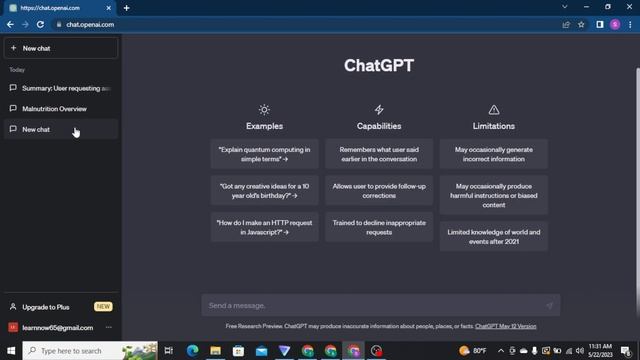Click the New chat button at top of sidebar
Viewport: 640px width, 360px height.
60,48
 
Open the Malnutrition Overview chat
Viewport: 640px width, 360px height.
55,109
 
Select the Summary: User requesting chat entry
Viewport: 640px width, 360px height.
65,88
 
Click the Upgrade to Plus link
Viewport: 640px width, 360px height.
46,307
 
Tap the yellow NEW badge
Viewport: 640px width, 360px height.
103,307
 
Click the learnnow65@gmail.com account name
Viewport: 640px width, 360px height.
57,327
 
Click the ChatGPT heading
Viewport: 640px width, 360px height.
379,66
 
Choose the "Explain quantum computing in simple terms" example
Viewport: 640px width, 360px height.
265,154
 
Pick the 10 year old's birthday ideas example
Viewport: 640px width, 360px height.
265,191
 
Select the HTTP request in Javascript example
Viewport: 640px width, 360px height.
265,227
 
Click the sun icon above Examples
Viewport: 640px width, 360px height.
264,110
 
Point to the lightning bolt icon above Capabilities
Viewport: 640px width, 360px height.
379,110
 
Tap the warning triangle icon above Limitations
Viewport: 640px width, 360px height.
493,110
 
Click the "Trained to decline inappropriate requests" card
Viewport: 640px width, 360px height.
379,227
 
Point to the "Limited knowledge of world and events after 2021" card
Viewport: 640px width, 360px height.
493,236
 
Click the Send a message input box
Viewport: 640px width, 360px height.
370,305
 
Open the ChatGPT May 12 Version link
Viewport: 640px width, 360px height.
505,326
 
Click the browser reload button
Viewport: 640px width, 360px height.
40,24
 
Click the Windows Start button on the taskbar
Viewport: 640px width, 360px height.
10,351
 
